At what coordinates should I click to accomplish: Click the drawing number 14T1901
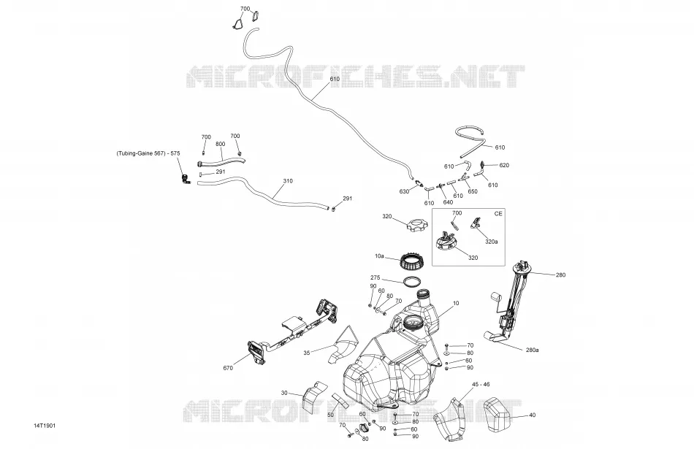click(x=45, y=426)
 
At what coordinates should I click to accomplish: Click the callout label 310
click(x=288, y=181)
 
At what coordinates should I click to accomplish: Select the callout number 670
click(x=228, y=368)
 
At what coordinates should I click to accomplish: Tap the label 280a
click(x=533, y=350)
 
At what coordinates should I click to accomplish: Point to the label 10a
click(x=379, y=256)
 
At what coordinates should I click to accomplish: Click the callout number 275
click(x=375, y=278)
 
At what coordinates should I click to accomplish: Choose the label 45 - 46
click(x=481, y=385)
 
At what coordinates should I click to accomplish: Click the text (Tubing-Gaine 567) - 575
click(x=148, y=153)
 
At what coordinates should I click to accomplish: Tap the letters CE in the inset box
click(x=498, y=214)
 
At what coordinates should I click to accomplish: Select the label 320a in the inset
click(x=492, y=242)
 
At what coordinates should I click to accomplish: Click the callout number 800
click(x=220, y=144)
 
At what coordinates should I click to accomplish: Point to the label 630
click(x=404, y=191)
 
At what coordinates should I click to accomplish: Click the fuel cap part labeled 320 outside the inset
click(x=418, y=225)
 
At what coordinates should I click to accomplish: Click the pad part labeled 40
click(x=497, y=414)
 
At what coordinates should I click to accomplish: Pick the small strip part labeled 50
click(x=340, y=400)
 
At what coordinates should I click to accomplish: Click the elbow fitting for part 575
click(x=185, y=179)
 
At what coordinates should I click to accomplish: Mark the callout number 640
click(x=448, y=202)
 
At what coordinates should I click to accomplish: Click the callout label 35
click(x=307, y=353)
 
